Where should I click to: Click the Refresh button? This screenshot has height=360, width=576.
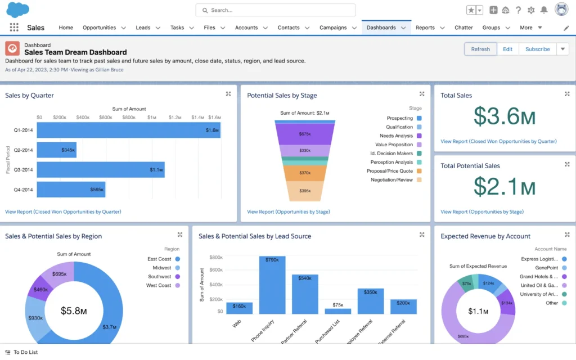(480, 49)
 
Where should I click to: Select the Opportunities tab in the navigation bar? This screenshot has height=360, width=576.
(99, 28)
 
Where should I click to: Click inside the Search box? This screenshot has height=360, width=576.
(276, 10)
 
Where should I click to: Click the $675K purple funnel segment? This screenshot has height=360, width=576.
(305, 134)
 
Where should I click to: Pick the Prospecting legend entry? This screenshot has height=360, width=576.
(399, 118)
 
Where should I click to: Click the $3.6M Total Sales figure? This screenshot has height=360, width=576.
(504, 116)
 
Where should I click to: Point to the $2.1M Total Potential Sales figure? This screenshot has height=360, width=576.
(504, 186)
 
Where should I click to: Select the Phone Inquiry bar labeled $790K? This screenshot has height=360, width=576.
(272, 285)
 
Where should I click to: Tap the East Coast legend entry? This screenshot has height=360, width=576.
(159, 259)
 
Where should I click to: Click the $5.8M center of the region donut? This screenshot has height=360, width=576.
(74, 310)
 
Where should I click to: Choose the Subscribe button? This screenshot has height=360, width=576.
(537, 49)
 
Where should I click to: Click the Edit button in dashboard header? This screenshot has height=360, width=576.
(507, 49)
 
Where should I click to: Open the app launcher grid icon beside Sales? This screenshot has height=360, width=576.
(14, 28)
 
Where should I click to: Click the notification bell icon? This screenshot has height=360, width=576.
(544, 10)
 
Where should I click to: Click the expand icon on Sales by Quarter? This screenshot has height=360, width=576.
(228, 94)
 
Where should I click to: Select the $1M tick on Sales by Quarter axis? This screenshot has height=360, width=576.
(152, 118)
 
